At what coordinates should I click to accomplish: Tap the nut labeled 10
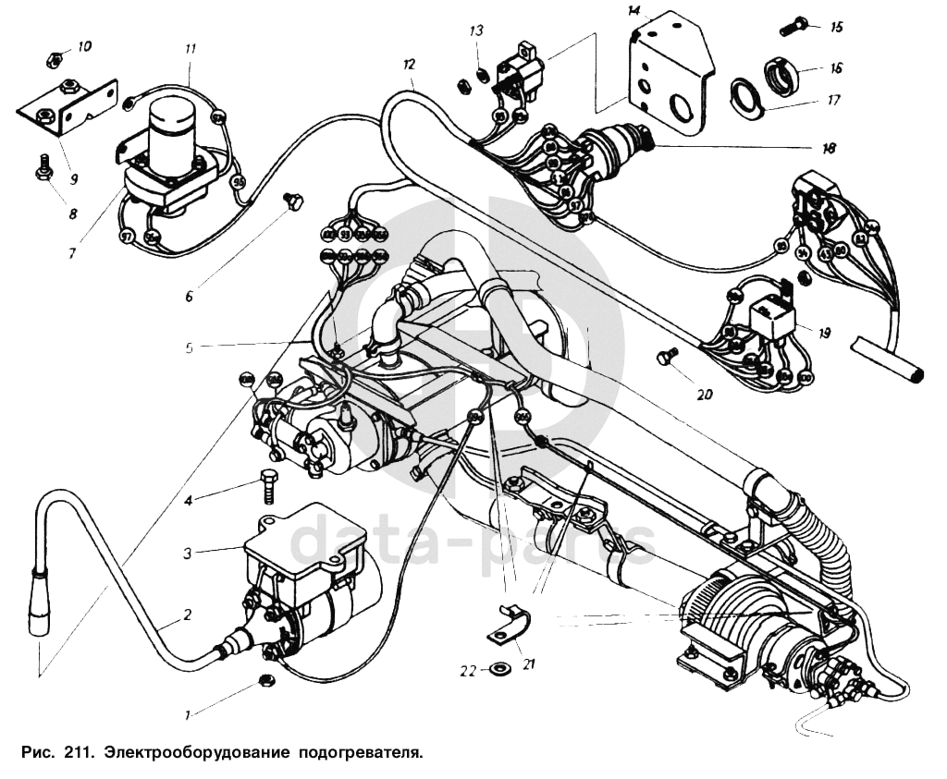pos(55,61)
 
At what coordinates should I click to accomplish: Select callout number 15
pos(836,27)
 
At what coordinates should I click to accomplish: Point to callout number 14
pos(633,11)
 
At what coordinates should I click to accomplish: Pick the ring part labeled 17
pos(744,96)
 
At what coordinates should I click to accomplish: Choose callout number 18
pos(828,148)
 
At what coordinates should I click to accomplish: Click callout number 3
pos(187,554)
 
